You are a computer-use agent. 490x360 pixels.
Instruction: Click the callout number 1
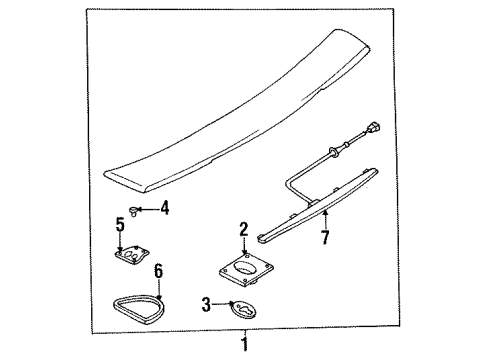click(x=245, y=344)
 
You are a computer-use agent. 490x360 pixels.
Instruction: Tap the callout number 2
click(x=244, y=230)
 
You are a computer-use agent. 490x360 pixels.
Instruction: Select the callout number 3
click(x=207, y=304)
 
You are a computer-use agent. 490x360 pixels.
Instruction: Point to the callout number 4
click(x=165, y=208)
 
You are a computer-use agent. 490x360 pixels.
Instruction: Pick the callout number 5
click(x=120, y=224)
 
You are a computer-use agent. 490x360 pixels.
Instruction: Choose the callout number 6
click(x=159, y=271)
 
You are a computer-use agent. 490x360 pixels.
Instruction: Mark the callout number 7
click(x=325, y=237)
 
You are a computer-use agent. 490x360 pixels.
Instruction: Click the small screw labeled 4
click(x=133, y=211)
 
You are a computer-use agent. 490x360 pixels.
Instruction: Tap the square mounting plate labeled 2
click(x=246, y=269)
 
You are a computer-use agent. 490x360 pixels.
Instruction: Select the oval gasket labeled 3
click(x=243, y=309)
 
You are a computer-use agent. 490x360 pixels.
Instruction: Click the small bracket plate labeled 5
click(x=131, y=256)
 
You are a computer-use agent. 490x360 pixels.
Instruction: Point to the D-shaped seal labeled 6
click(x=137, y=306)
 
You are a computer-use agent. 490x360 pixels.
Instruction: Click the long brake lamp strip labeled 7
click(x=317, y=207)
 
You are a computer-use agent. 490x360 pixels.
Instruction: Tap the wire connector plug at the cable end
click(x=373, y=129)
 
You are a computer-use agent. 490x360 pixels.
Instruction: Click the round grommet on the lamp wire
click(x=333, y=152)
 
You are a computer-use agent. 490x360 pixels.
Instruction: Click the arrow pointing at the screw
click(x=148, y=209)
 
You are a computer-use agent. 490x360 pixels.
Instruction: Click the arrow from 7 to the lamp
click(x=325, y=219)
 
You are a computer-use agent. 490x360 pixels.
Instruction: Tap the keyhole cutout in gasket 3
click(x=246, y=310)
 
